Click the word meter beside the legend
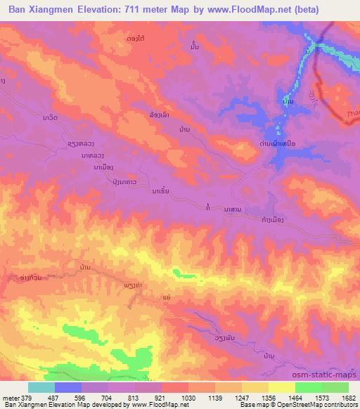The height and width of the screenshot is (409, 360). tap(10, 397)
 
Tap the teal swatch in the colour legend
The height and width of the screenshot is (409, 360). tap(41, 387)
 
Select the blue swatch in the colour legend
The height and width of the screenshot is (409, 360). tap(67, 387)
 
